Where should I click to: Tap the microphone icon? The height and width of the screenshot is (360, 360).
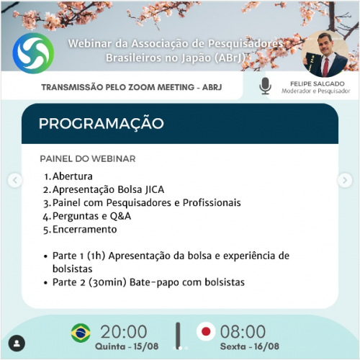[265, 87]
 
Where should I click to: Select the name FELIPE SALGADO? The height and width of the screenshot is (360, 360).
[316, 84]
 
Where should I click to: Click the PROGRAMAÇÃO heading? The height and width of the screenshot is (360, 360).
[101, 123]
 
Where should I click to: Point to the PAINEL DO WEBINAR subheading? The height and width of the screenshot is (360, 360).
[87, 158]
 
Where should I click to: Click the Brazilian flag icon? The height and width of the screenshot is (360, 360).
[81, 333]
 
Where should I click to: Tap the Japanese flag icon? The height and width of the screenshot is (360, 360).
[206, 332]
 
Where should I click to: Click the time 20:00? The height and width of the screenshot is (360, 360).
[123, 332]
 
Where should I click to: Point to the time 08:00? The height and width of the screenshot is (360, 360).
[243, 332]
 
